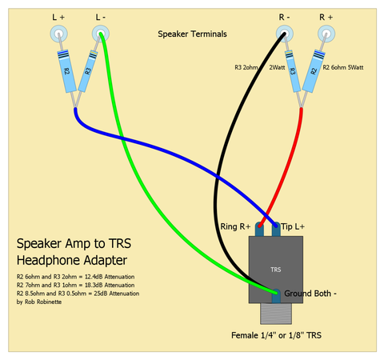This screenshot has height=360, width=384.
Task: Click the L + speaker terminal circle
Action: pos(59,34)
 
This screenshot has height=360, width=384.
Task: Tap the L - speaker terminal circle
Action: pos(101,34)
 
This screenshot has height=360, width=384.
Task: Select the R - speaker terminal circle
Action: pos(285,34)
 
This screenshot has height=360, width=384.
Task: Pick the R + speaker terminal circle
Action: pos(326,34)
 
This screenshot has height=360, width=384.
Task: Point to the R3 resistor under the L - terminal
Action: pos(88,71)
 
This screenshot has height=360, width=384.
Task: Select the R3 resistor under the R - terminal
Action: pos(293,71)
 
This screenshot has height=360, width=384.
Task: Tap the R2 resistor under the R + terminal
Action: pos(314,71)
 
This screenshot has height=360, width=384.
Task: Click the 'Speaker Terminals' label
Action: pos(192,34)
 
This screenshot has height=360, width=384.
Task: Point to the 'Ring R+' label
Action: pos(235,226)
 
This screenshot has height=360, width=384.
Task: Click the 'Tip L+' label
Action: pos(293,226)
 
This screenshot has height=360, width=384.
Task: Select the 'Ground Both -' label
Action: pos(310,294)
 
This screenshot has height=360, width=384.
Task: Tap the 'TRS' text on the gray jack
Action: pos(276,270)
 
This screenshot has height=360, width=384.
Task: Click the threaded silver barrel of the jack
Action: pos(276,314)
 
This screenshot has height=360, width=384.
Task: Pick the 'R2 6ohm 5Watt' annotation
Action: pos(343,67)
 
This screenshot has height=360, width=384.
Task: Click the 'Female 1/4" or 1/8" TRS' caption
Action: pos(276,335)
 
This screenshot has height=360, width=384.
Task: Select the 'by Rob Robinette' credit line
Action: pos(39,302)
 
